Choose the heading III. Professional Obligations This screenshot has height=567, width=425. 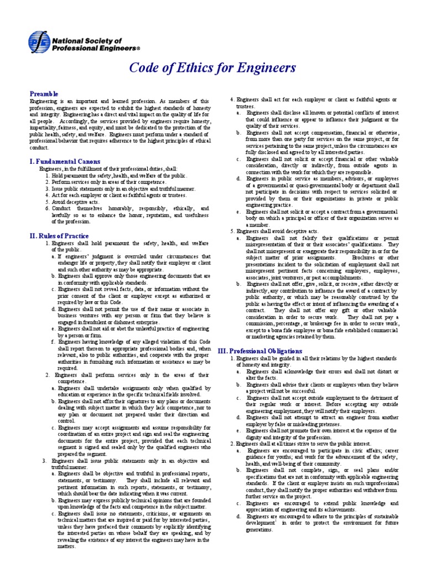click(x=252, y=351)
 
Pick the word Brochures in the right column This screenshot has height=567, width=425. click(x=350, y=257)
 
